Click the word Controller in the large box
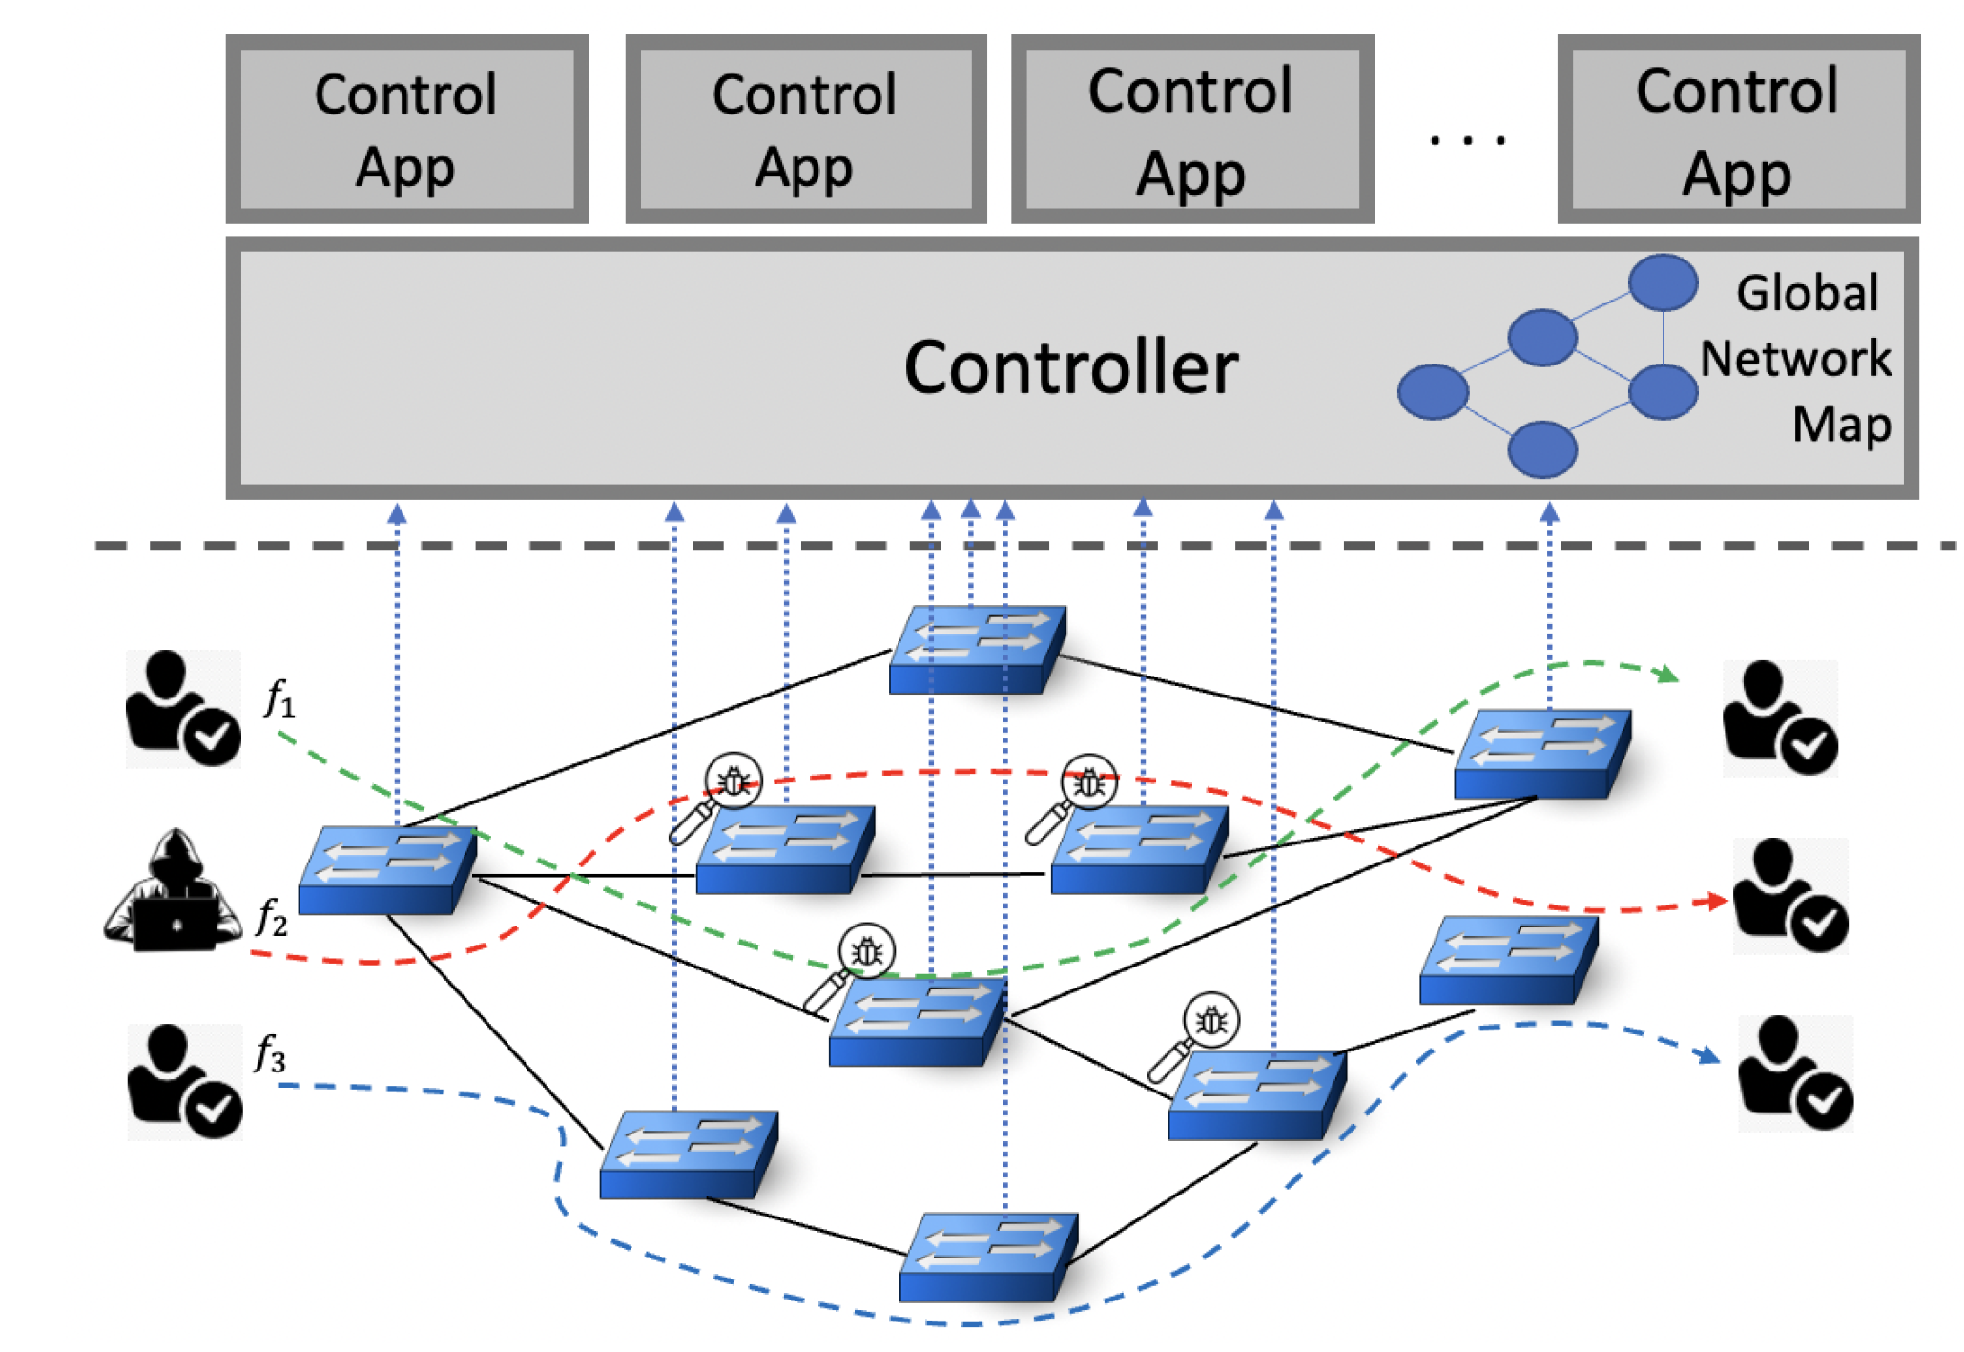click(x=1069, y=367)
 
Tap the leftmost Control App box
click(x=406, y=130)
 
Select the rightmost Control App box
click(x=1737, y=130)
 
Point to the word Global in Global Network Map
click(x=1806, y=293)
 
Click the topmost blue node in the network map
click(x=1663, y=282)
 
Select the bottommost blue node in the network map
click(x=1541, y=449)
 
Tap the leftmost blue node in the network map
click(x=1432, y=391)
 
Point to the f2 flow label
click(x=272, y=918)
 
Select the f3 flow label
click(x=270, y=1054)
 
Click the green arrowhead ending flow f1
click(x=1667, y=675)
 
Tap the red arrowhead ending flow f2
click(x=1719, y=900)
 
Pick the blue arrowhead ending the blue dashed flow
click(x=1708, y=1055)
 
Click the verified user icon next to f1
click(x=183, y=709)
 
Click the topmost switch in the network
click(x=977, y=649)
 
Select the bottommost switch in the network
click(x=988, y=1257)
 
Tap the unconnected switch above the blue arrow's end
click(x=1507, y=959)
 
